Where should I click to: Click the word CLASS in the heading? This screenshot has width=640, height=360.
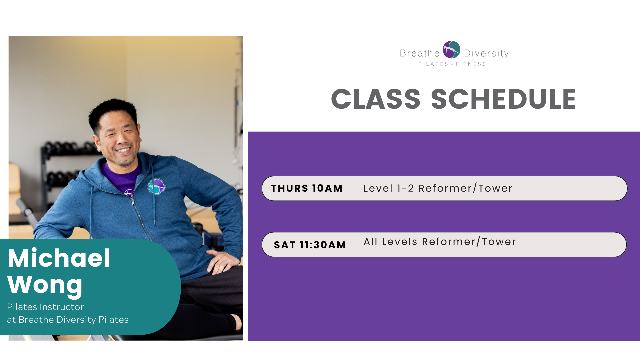click(376, 99)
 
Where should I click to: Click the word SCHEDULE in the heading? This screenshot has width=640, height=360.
click(504, 99)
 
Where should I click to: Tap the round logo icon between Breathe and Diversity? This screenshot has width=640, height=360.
click(452, 50)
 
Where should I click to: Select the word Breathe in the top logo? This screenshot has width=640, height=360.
click(420, 53)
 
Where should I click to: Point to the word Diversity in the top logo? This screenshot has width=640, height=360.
click(486, 53)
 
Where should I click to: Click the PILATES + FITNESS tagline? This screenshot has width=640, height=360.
click(452, 64)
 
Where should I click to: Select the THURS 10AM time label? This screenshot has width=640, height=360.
click(307, 188)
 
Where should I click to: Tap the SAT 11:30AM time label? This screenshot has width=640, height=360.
click(310, 245)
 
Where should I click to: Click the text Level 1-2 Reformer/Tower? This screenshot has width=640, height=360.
click(438, 188)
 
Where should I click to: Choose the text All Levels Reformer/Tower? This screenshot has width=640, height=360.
click(440, 242)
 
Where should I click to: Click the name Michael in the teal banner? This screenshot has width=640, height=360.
click(59, 258)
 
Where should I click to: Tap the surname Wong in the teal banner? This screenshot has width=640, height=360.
click(45, 285)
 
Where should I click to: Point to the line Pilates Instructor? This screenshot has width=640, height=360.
click(45, 307)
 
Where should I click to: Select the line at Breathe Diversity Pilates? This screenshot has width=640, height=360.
click(68, 320)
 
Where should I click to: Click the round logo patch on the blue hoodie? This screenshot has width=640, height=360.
click(156, 186)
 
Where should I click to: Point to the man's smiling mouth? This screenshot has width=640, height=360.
click(123, 150)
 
